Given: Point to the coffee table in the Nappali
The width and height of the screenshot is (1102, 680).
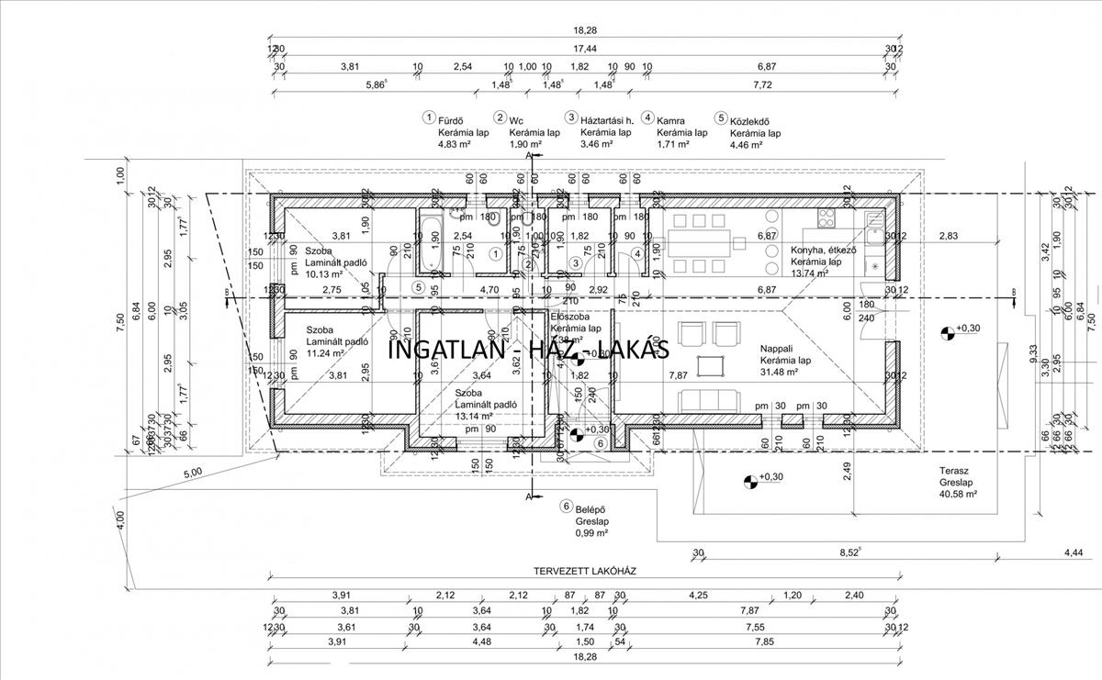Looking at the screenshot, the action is coord(710,365).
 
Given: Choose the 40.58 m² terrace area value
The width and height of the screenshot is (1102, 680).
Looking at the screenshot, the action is coord(958,494).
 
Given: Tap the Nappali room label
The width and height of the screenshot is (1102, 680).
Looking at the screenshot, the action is coord(779,349).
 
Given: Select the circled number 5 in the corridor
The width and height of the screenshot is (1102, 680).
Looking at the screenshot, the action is coord(418,287).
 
